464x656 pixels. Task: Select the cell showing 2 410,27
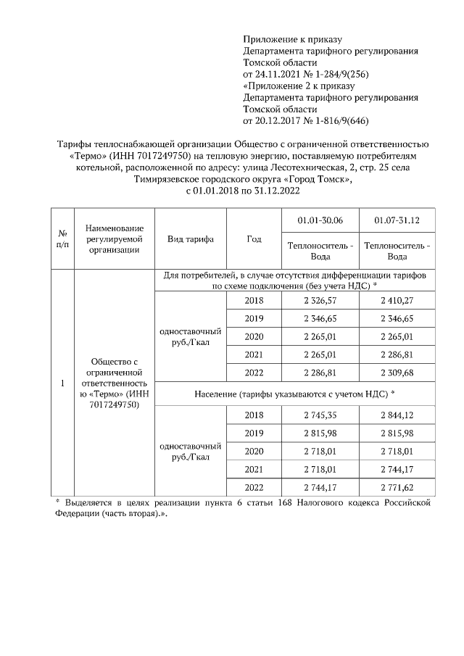[397, 301]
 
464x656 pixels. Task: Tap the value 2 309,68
[397, 373]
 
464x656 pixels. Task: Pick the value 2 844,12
[397, 415]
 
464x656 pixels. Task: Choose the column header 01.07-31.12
[397, 220]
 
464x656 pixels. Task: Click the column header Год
[254, 240]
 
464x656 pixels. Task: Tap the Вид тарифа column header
[190, 240]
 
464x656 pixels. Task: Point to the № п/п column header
[63, 240]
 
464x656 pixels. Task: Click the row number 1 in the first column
[63, 383]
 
